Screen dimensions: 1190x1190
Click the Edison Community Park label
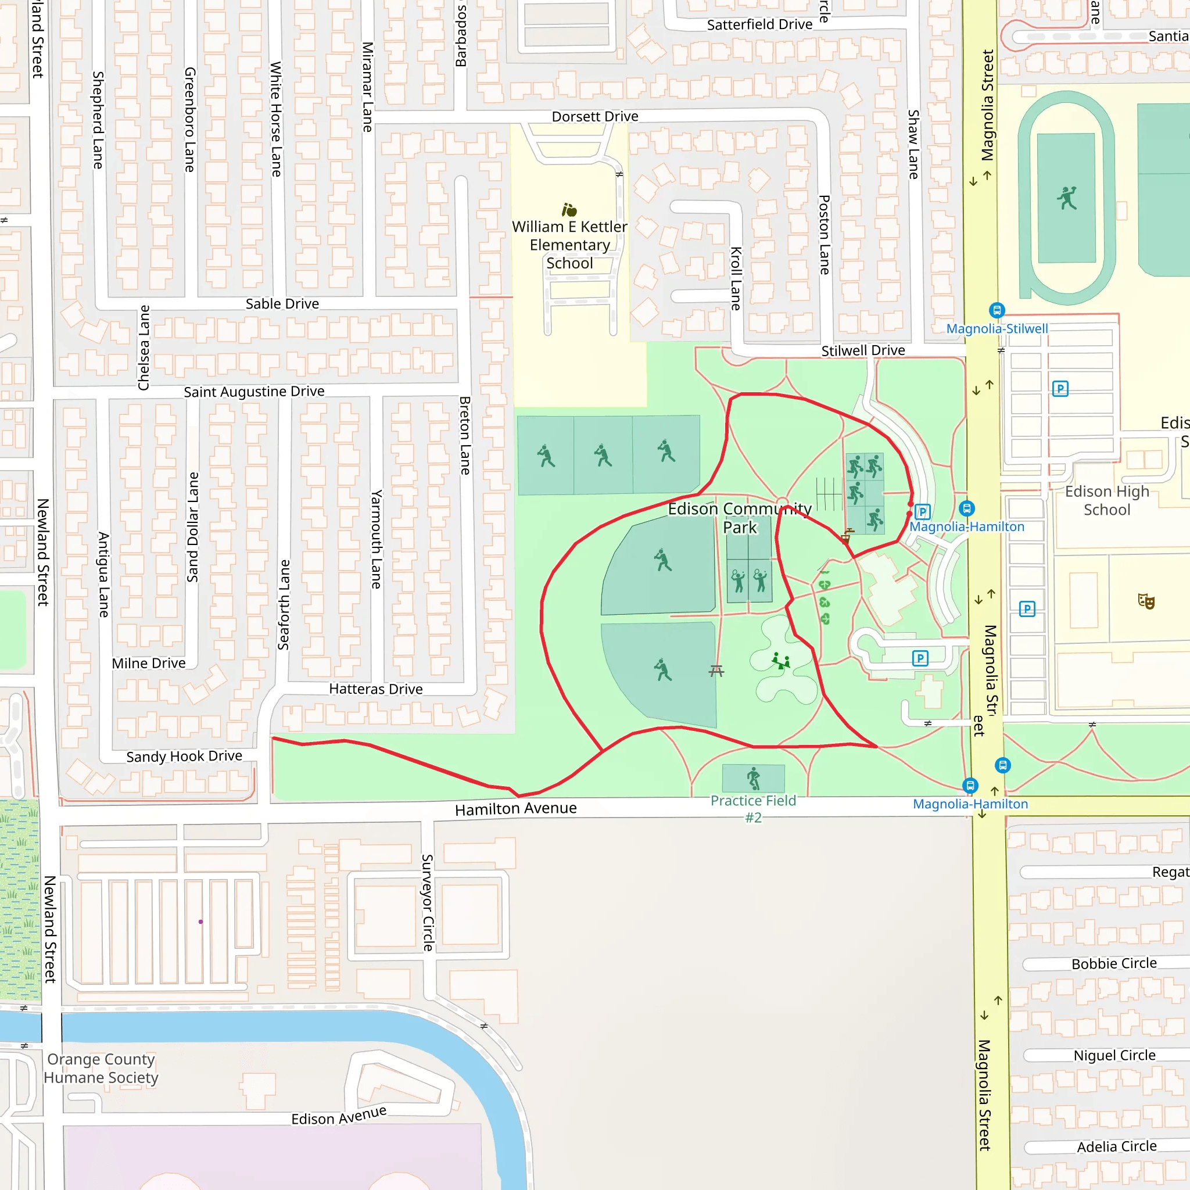(x=740, y=518)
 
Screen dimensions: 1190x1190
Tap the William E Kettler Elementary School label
(x=570, y=245)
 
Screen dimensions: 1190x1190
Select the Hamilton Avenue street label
(x=515, y=809)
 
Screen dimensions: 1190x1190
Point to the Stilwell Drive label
(x=863, y=350)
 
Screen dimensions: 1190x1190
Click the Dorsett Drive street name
(x=595, y=116)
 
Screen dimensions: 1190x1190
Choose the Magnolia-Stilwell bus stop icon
(x=997, y=310)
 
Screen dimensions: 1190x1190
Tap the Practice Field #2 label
(x=753, y=809)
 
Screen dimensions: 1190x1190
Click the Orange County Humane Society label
(x=101, y=1068)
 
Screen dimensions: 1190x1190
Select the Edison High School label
(x=1107, y=500)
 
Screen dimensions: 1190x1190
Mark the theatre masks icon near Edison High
(x=1146, y=601)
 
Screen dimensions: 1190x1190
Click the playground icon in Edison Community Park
(x=780, y=661)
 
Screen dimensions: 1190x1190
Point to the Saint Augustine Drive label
(x=254, y=392)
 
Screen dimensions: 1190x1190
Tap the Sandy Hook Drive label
(x=184, y=757)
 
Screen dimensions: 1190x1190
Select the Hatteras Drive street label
(x=376, y=689)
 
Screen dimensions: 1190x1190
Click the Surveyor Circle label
(x=428, y=902)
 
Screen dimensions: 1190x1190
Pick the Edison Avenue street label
(x=339, y=1116)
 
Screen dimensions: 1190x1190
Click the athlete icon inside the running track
(x=1067, y=198)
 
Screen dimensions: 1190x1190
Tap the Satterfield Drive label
(x=759, y=24)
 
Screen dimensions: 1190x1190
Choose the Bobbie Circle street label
(x=1114, y=964)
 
